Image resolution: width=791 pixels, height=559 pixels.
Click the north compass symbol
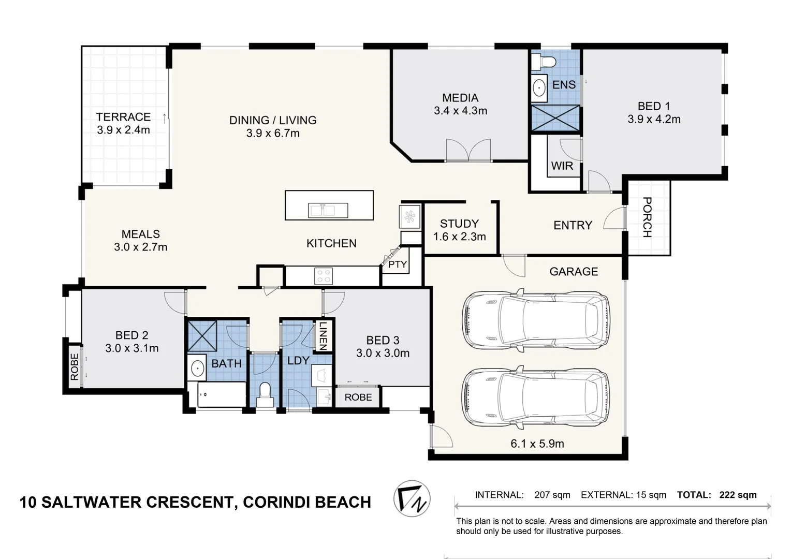coord(412,498)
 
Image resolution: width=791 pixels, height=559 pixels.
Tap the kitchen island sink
coord(328,210)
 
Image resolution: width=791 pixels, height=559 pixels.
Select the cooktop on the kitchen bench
coord(324,276)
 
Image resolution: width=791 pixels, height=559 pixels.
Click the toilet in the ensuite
coord(545,62)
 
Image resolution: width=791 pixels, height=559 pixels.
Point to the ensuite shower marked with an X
coord(555,118)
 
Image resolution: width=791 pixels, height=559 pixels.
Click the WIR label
coord(562,166)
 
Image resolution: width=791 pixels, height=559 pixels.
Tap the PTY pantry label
coord(397,264)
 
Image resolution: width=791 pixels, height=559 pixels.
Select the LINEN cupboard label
coord(323,336)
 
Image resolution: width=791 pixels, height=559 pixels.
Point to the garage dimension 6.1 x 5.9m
coord(537,444)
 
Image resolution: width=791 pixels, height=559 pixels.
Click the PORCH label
coord(647,217)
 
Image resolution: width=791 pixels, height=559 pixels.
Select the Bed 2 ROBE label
coord(75,366)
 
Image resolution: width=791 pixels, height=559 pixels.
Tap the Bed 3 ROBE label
coord(358,397)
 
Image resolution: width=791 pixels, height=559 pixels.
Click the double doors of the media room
coord(468,151)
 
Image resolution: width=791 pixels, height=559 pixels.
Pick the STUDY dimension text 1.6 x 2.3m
coord(459,237)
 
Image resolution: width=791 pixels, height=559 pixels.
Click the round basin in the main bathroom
coord(197,369)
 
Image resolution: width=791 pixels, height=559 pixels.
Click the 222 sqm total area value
coord(738,495)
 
